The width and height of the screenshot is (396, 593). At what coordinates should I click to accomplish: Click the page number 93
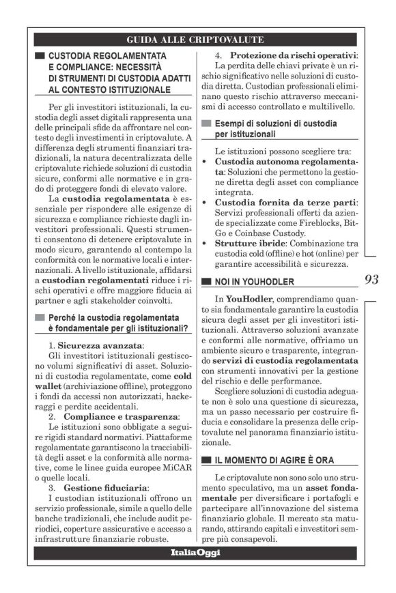[371, 279]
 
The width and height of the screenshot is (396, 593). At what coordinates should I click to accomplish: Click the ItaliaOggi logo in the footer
[195, 552]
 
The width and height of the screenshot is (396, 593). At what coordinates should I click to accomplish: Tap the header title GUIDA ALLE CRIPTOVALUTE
[195, 40]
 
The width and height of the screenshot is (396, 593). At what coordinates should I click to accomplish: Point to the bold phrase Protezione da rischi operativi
[293, 55]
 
